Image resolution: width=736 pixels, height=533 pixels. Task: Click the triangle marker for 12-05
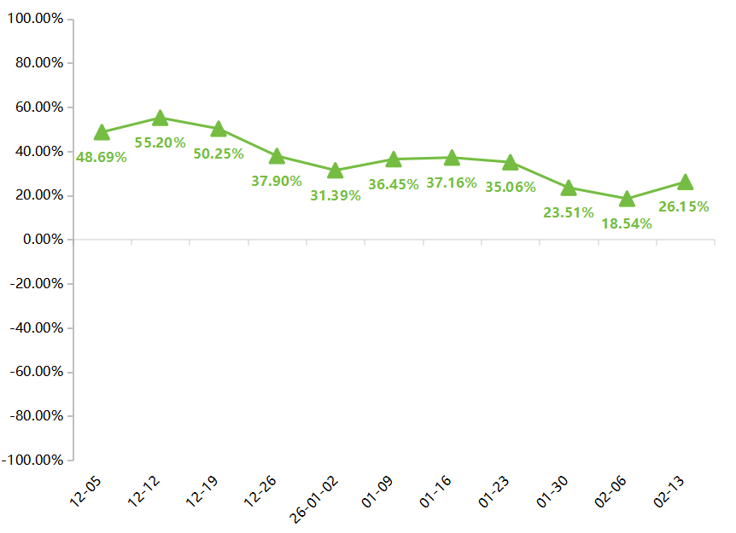(x=102, y=132)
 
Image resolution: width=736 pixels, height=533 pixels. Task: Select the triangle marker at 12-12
(x=160, y=118)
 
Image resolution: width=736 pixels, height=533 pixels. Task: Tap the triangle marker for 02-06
(x=627, y=199)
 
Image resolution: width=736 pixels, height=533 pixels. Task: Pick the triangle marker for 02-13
(x=685, y=182)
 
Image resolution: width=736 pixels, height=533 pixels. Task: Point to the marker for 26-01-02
(x=335, y=171)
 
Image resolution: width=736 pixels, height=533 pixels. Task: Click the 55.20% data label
(x=160, y=142)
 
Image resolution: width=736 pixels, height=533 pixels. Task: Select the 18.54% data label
(x=627, y=223)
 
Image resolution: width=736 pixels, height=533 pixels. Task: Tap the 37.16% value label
(x=452, y=182)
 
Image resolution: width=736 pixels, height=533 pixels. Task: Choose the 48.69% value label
(x=102, y=157)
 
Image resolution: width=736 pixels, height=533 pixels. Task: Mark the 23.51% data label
(x=569, y=212)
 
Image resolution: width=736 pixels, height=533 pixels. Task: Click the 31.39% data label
(x=335, y=195)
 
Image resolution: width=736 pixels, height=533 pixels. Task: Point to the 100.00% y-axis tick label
(x=35, y=19)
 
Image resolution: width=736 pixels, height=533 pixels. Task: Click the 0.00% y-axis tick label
(x=40, y=240)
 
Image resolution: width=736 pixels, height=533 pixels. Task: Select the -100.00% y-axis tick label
(x=32, y=461)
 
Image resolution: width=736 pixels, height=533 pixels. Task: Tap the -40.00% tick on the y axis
(x=35, y=328)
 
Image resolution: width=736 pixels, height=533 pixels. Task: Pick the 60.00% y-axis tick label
(x=38, y=107)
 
